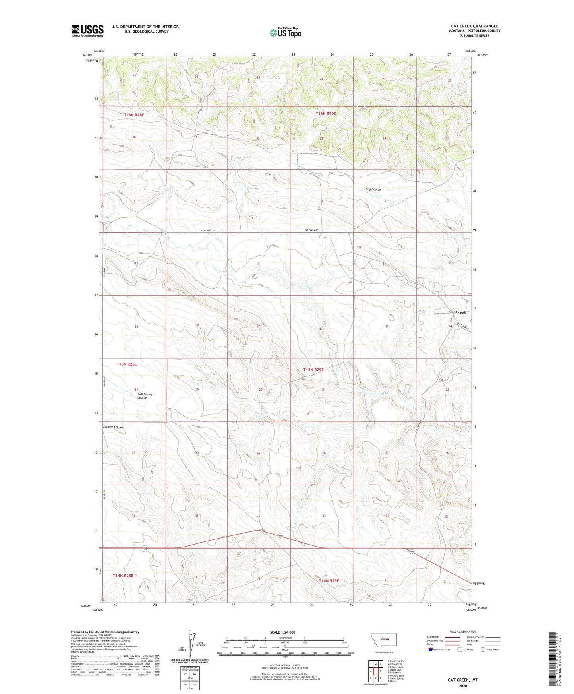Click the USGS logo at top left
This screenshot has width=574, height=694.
[87, 31]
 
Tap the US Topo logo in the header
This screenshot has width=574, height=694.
[285, 33]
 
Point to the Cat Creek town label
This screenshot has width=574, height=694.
[457, 312]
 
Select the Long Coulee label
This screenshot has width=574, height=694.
[372, 189]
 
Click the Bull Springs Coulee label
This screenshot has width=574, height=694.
[145, 396]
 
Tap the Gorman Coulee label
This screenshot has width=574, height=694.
[113, 427]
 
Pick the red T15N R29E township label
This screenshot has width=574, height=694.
[313, 370]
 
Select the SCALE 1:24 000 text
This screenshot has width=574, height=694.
[282, 632]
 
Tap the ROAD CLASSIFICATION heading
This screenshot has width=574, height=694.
[463, 632]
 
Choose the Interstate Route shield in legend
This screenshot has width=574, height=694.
[431, 649]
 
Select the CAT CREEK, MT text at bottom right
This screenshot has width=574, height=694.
[463, 680]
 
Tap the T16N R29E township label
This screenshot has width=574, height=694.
[326, 114]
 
